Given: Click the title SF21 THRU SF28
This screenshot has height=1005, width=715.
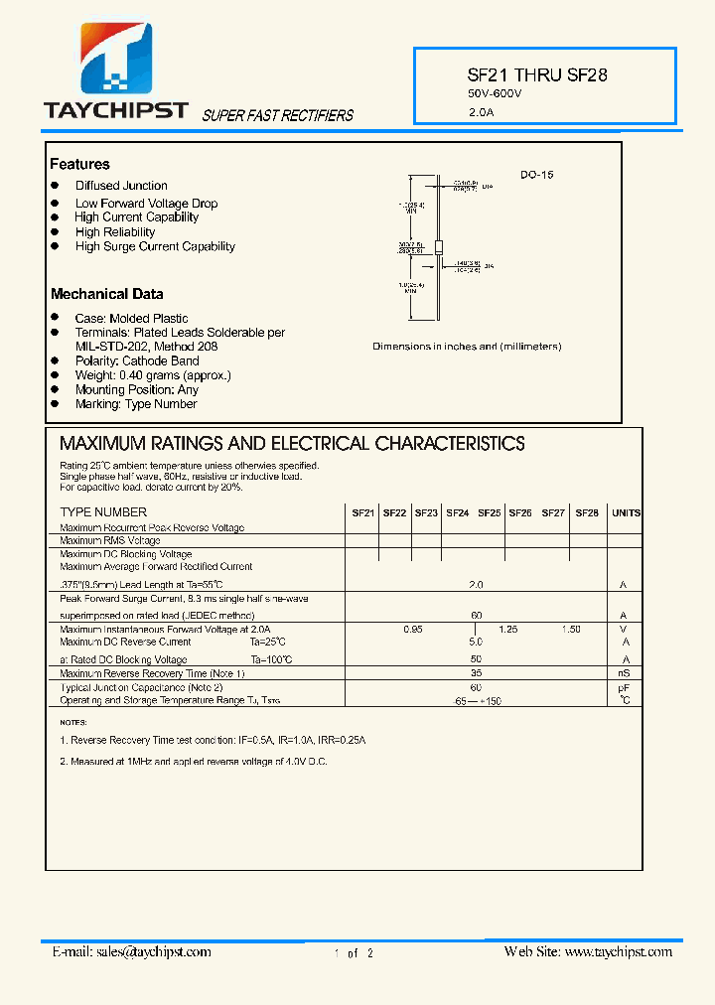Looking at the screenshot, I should tap(537, 74).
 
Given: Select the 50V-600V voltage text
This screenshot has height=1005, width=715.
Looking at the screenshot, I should tap(495, 93).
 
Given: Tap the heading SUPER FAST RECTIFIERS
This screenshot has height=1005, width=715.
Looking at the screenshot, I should tap(278, 116).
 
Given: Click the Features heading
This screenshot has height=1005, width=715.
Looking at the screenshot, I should tap(79, 164).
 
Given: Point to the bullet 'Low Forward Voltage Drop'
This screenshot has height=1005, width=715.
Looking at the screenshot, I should tap(146, 204).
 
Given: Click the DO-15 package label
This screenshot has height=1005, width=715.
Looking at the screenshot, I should tap(536, 175).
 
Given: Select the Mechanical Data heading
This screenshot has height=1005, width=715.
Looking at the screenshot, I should tap(106, 294).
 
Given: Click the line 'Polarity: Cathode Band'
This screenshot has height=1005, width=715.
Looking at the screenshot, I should tap(137, 361).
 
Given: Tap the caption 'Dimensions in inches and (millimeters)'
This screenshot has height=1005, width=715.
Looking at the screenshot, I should tap(467, 347).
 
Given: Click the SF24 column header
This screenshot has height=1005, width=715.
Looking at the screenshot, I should tap(457, 513).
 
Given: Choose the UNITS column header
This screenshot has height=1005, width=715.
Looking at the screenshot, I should tap(626, 513).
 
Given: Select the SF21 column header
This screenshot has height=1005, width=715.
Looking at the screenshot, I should tap(362, 513).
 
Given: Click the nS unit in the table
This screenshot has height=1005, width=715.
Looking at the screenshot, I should tap(625, 674).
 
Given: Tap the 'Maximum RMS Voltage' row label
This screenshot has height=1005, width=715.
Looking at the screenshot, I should tap(109, 541).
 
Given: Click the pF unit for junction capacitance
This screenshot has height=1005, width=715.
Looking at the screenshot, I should tap(625, 687).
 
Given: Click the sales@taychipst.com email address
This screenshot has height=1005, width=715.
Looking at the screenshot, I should tap(154, 951).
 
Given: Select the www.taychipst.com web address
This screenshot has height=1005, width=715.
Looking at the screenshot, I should tap(618, 951).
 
